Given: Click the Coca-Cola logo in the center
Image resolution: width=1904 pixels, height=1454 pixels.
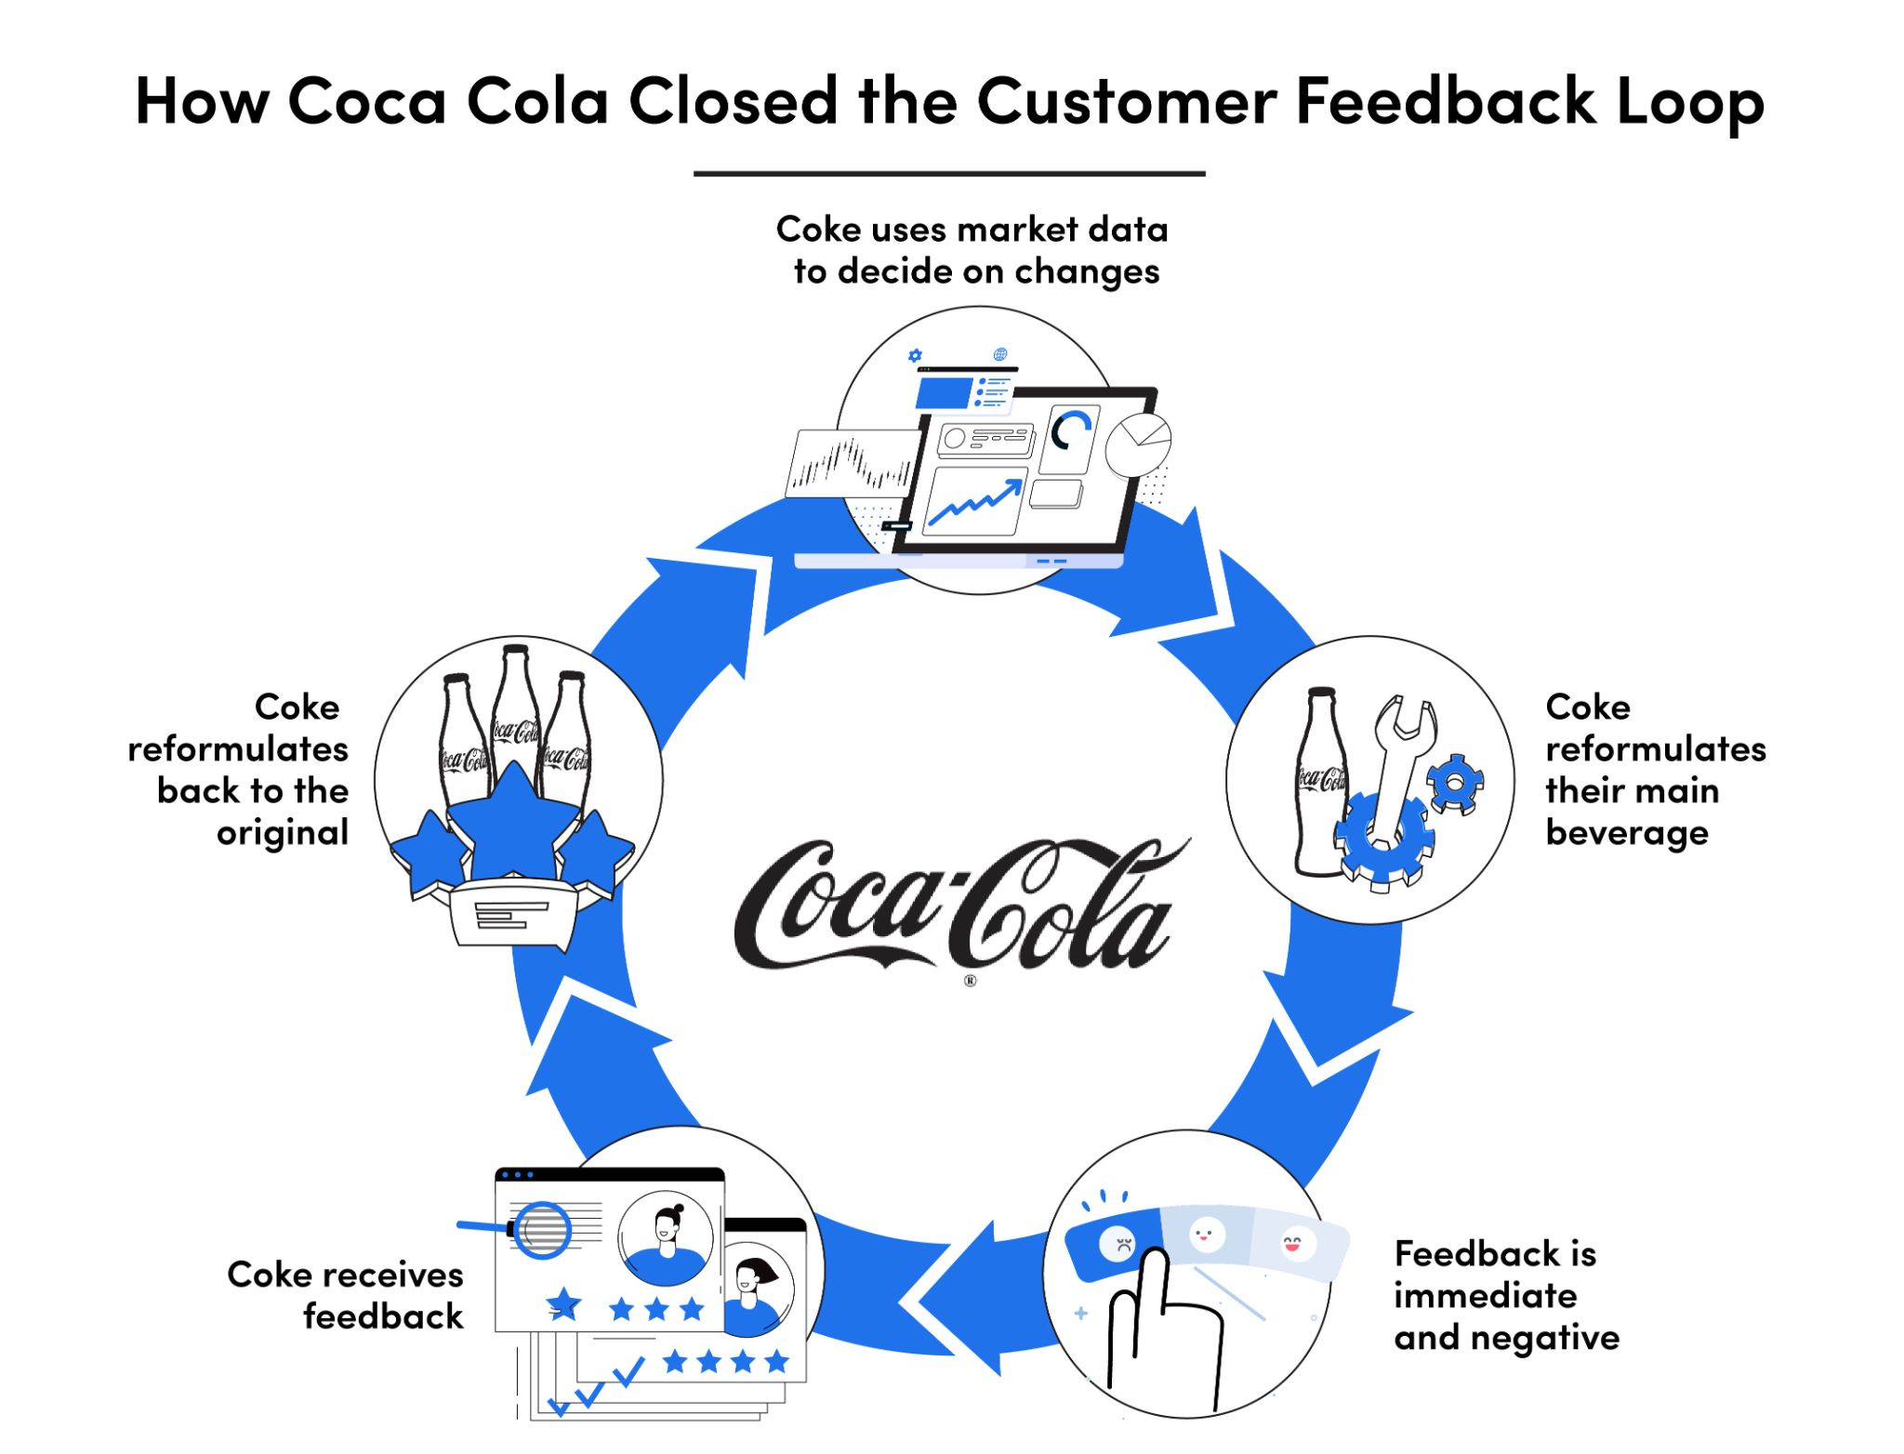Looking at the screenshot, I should coord(958,906).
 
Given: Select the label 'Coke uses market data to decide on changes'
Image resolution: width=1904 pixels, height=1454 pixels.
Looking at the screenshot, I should coord(972,250).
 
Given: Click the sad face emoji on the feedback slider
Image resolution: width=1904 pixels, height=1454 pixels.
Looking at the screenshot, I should coord(1117,1243).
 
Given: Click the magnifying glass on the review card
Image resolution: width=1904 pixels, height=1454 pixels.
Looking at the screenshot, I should coord(542,1230).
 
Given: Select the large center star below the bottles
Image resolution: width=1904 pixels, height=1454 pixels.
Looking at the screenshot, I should coord(514,824).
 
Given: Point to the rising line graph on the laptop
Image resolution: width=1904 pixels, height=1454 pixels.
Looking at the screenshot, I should coord(976,503).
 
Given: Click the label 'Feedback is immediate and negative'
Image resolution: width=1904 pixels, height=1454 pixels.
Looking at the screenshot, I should coord(1506,1295).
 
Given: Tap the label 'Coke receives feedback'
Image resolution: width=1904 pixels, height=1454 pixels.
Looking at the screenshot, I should coord(346,1295).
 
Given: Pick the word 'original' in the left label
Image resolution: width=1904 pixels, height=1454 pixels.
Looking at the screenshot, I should coord(283,833).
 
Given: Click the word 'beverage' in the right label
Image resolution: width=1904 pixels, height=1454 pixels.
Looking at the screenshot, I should coord(1627,833).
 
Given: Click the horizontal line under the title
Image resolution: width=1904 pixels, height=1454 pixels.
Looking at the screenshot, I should coord(949,174).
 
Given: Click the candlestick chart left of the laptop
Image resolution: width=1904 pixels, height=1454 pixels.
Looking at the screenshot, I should coord(851,462).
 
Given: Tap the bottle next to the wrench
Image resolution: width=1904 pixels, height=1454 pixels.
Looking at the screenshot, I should coord(1320,781).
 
